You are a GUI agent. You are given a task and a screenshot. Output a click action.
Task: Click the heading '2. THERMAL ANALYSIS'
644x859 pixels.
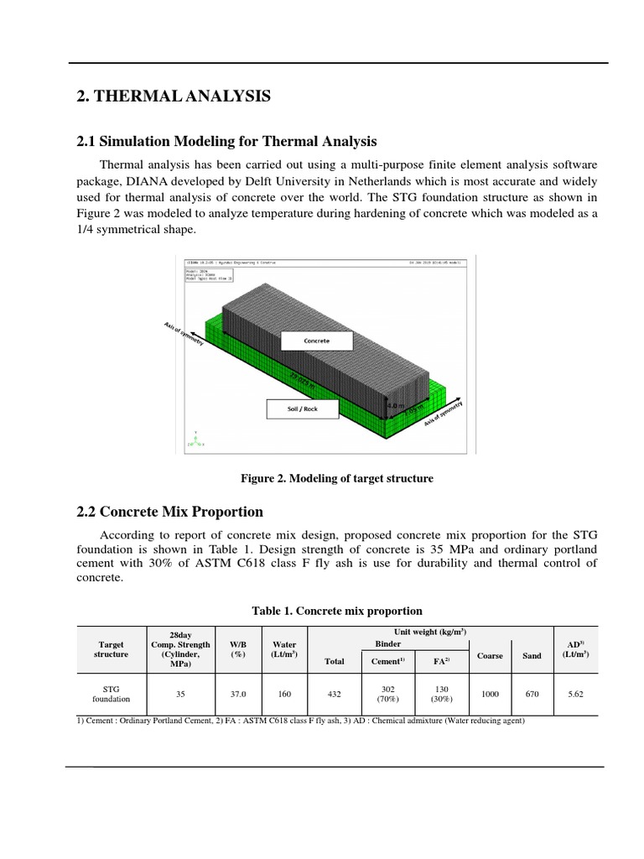(174, 98)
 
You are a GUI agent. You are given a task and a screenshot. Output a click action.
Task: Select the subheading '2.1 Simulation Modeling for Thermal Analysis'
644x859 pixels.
(226, 141)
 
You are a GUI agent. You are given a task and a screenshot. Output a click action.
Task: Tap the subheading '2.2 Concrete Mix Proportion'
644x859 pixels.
(169, 512)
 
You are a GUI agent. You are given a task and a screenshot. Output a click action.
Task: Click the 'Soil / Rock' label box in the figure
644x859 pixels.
(304, 409)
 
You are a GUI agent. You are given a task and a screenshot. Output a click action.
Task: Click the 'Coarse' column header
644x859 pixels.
(489, 656)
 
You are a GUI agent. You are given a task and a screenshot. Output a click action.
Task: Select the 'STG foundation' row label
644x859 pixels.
(111, 694)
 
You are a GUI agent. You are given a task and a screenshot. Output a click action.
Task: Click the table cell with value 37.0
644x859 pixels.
(238, 695)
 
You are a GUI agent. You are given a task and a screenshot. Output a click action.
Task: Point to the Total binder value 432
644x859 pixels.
(335, 695)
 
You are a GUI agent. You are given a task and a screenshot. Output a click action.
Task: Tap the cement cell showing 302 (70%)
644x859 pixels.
(388, 694)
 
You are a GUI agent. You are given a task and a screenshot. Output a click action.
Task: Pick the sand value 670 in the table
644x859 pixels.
(532, 695)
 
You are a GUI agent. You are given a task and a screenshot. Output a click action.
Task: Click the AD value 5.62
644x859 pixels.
(575, 695)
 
